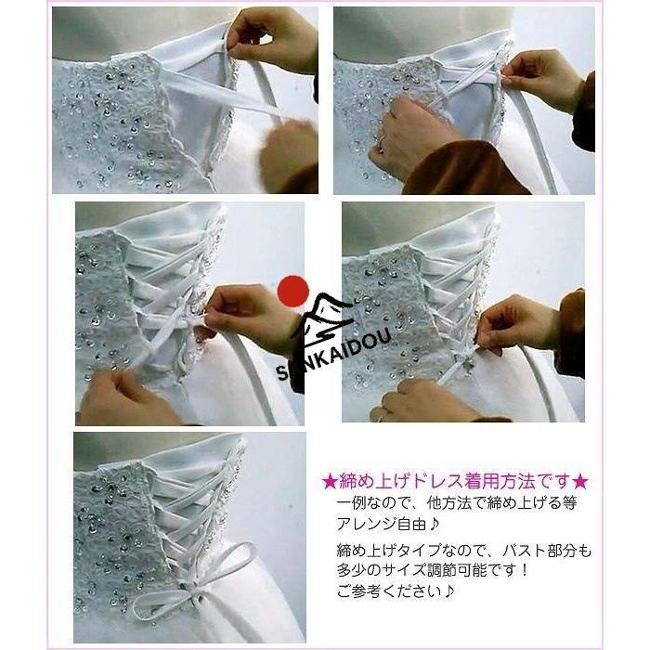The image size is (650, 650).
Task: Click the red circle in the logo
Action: pyautogui.click(x=293, y=292)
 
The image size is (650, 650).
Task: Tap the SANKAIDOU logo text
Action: pyautogui.click(x=334, y=353)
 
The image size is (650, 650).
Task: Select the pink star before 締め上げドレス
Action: pyautogui.click(x=330, y=482)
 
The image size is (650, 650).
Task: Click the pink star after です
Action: pyautogui.click(x=579, y=482)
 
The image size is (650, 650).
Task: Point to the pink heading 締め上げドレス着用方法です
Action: pyautogui.click(x=454, y=482)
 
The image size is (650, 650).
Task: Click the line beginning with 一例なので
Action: pyautogui.click(x=457, y=503)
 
